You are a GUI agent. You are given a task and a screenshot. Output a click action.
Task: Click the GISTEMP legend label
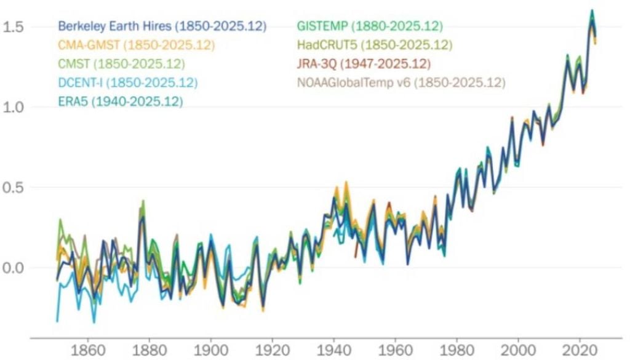click(369, 26)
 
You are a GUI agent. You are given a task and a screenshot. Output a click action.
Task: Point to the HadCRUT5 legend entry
click(374, 45)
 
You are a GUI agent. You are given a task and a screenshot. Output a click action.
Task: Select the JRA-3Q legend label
click(363, 63)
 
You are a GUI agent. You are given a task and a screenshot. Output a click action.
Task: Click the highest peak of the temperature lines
click(592, 10)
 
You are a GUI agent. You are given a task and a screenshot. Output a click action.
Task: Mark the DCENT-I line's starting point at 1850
click(57, 321)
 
